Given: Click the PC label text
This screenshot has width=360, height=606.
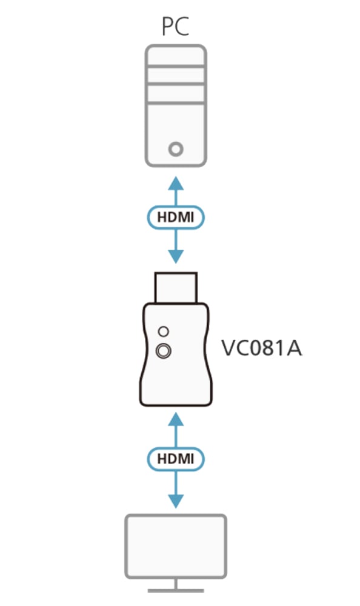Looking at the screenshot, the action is (176, 27).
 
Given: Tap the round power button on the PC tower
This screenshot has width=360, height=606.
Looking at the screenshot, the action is (176, 149).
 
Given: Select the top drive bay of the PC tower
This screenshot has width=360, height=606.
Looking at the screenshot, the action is (176, 57).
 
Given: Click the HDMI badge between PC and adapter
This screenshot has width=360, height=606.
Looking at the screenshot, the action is (176, 217).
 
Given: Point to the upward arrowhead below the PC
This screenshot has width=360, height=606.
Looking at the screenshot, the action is (176, 183).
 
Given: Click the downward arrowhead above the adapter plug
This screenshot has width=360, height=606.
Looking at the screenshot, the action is (176, 256).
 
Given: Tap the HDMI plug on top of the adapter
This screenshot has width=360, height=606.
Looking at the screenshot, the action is (176, 287).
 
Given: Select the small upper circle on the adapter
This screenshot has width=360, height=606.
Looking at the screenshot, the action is (164, 331).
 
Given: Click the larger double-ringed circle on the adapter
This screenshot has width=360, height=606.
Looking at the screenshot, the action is (164, 351).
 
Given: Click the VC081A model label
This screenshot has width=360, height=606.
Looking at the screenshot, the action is (261, 348).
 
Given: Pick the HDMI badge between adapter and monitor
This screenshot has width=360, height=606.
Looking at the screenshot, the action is (176, 459).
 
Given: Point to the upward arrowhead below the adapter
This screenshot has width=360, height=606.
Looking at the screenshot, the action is (176, 419).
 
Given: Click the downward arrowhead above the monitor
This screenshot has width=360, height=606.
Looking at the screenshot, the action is (176, 501).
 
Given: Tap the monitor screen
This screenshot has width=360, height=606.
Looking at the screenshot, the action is (176, 546).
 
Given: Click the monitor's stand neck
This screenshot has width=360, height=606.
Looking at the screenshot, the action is (176, 584).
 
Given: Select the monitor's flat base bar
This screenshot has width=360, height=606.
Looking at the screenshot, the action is (176, 590).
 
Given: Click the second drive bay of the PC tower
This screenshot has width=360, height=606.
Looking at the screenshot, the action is (176, 75).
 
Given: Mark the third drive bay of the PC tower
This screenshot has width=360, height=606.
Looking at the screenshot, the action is (176, 93).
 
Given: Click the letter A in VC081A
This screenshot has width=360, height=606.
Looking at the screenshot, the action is (293, 348).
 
